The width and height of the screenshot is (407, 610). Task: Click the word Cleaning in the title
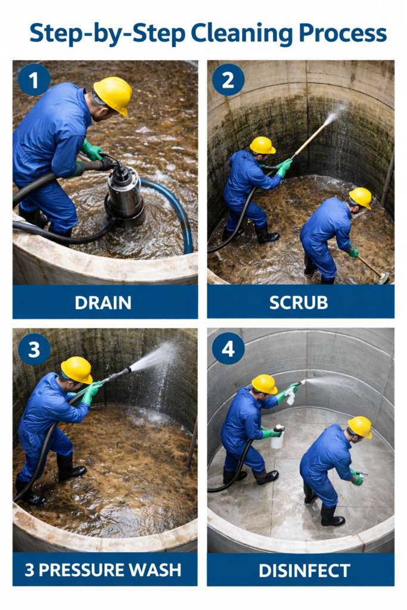(x=241, y=34)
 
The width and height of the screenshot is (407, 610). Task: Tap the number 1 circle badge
(x=34, y=80)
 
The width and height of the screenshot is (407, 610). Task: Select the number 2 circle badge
(x=228, y=80)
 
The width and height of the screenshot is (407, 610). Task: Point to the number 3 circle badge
(x=34, y=349)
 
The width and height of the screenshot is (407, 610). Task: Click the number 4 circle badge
(x=228, y=349)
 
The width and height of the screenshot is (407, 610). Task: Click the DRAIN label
(x=103, y=303)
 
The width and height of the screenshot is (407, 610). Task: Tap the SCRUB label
(x=299, y=303)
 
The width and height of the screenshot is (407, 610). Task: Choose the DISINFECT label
(x=305, y=571)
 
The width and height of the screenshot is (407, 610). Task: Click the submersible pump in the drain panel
(x=125, y=192)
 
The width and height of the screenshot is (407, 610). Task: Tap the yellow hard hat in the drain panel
(x=113, y=95)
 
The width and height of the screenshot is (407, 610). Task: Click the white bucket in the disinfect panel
(x=277, y=439)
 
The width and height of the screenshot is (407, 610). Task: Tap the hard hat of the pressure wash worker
(x=77, y=369)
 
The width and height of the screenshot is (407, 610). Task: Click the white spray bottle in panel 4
(x=290, y=396)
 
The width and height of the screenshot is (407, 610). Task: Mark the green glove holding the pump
(x=92, y=150)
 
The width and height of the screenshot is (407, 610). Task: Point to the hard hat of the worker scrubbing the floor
(x=361, y=198)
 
